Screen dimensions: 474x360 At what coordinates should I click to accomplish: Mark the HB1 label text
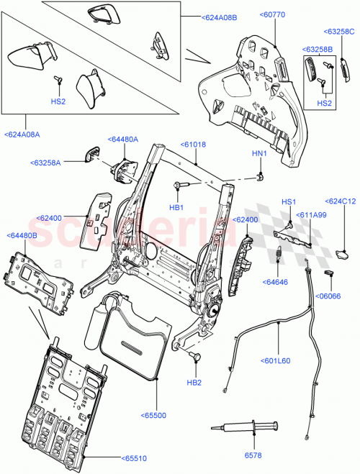[176, 207]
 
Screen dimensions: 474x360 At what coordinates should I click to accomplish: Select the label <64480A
[123, 139]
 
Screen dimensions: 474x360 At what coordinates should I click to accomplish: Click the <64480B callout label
[24, 235]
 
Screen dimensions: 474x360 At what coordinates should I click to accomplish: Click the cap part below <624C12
[343, 253]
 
